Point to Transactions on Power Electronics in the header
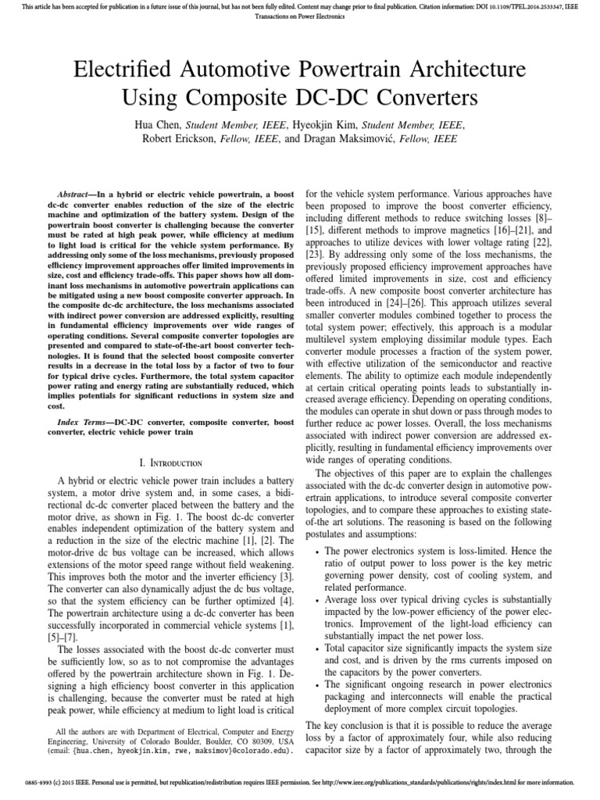(300, 18)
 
